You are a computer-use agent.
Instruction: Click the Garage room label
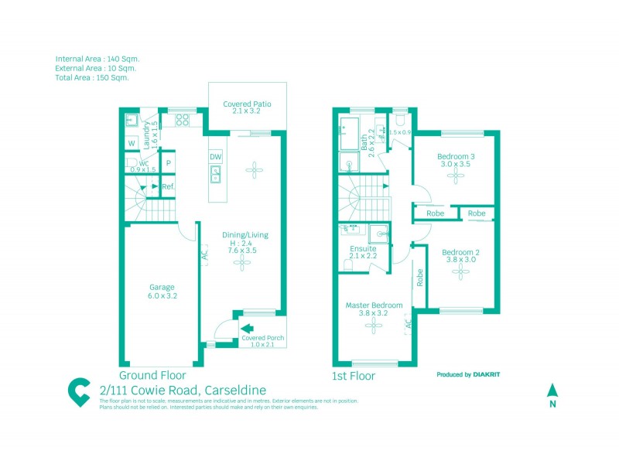point(162,290)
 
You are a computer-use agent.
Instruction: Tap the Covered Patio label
point(247,107)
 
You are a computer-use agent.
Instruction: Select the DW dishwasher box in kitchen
point(215,157)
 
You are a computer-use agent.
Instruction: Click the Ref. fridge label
point(168,187)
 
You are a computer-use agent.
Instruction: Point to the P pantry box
point(168,164)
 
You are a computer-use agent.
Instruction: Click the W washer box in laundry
point(132,144)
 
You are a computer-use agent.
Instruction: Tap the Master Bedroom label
point(374,305)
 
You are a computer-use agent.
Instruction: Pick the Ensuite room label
point(363,248)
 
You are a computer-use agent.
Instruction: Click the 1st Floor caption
point(354,377)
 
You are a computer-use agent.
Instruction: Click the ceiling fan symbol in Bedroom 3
point(456,176)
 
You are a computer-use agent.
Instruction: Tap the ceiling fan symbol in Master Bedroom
point(374,326)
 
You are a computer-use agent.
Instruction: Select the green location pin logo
point(78,392)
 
